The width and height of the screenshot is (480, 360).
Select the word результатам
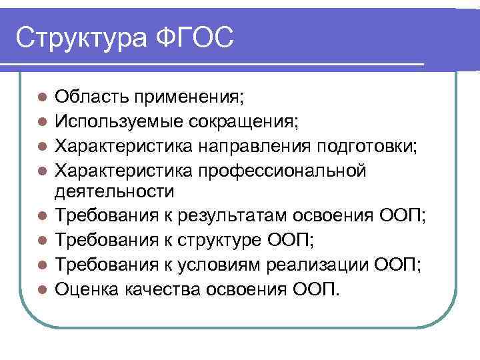(x=223, y=217)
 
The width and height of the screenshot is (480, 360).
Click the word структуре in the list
(x=223, y=241)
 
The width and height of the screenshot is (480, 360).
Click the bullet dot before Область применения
(x=41, y=99)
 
